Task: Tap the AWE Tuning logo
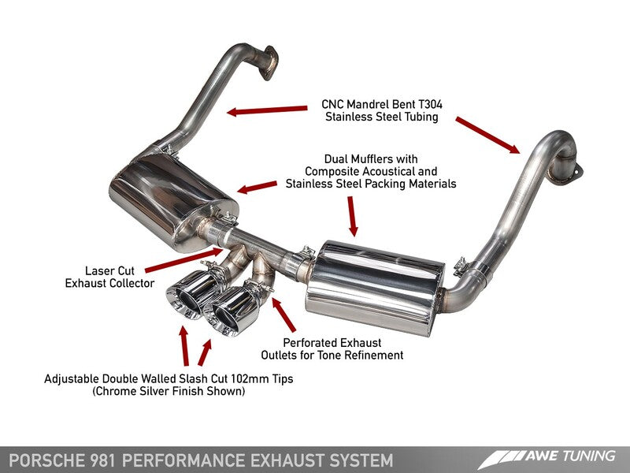click(551, 457)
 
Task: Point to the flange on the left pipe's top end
click(270, 61)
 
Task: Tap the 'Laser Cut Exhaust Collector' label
click(109, 276)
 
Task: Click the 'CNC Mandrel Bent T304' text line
click(381, 103)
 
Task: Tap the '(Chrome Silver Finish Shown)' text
click(169, 391)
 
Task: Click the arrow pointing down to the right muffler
click(351, 214)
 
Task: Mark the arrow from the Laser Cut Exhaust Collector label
click(181, 259)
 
